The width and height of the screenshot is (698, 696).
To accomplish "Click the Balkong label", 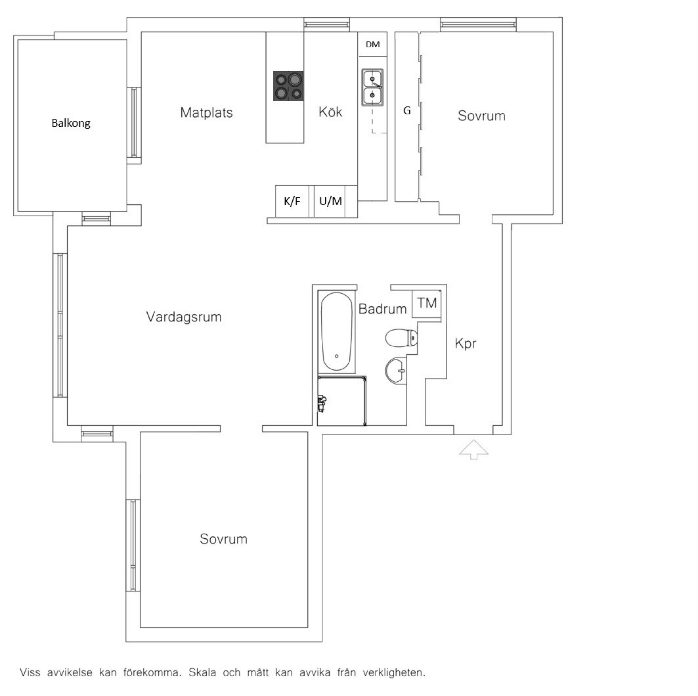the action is tap(71, 123).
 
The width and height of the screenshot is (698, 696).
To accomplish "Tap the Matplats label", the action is tap(206, 113).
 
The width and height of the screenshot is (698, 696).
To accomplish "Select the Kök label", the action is tap(330, 112).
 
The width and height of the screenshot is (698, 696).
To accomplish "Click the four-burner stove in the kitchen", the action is tap(289, 86).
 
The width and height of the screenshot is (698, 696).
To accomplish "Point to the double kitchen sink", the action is tap(372, 87).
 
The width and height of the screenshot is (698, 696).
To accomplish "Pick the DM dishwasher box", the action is tap(373, 44).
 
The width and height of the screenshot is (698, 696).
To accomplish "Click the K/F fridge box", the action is tap(292, 201).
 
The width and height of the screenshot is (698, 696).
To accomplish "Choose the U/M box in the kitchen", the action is tap(330, 201).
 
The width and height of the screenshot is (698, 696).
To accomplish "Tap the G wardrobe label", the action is tap(407, 110).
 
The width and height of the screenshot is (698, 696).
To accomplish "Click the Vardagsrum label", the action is tap(184, 317).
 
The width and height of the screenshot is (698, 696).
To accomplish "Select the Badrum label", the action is tap(382, 309).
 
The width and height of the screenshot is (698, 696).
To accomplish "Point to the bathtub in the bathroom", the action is tap(337, 331).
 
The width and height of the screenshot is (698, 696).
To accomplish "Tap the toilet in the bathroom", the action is tap(401, 338).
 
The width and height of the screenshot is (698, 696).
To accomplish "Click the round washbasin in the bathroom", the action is tap(396, 370).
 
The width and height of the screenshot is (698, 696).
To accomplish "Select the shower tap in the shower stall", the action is tap(322, 404).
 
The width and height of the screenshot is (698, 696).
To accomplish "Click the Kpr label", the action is tap(465, 343).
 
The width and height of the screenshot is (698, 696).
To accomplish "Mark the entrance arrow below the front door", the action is tap(473, 449).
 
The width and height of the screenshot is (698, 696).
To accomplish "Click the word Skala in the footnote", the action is tap(202, 672).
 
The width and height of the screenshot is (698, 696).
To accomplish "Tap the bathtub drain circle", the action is tap(337, 356).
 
